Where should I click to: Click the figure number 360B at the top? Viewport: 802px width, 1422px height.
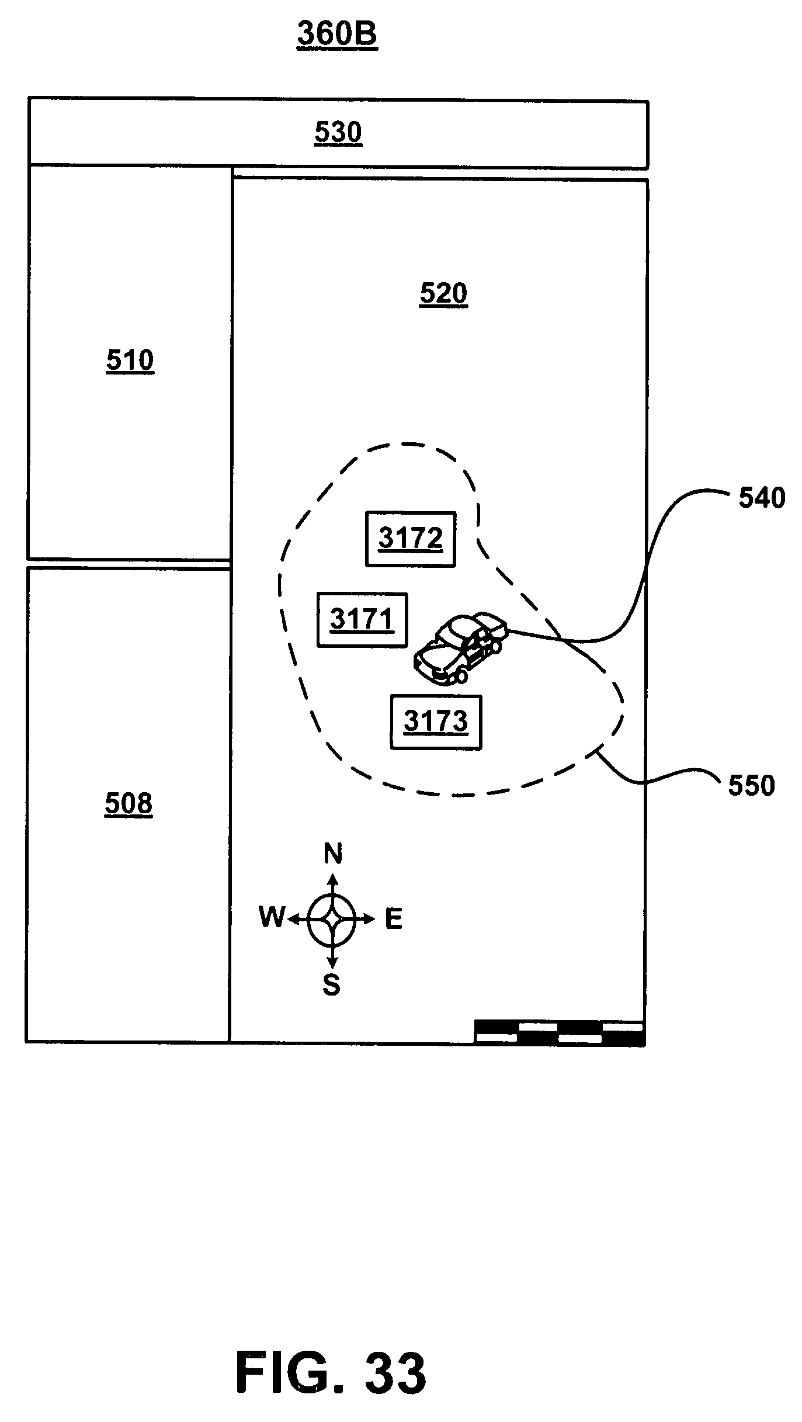(x=337, y=34)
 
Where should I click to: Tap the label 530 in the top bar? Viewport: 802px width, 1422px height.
(x=338, y=133)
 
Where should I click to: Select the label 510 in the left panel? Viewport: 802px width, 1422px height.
(x=130, y=360)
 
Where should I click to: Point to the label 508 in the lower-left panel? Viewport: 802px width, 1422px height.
(x=129, y=804)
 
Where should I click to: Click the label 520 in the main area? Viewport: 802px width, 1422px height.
(x=443, y=293)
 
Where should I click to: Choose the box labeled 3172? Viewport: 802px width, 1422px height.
(x=410, y=539)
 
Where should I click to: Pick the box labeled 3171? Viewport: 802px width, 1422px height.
(x=362, y=620)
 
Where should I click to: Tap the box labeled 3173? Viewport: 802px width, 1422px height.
(x=436, y=722)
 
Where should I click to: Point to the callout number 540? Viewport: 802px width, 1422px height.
(x=762, y=498)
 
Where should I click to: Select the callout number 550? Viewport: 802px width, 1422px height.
(x=751, y=786)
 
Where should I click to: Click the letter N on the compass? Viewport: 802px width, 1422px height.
(x=333, y=854)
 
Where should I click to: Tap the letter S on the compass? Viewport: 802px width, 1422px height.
(x=332, y=986)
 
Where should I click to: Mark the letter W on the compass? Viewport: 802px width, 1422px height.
(x=272, y=918)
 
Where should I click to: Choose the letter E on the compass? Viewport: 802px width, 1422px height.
(x=394, y=920)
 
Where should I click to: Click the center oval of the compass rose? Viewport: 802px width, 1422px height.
(x=332, y=920)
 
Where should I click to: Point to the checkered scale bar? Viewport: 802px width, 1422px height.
(x=560, y=1032)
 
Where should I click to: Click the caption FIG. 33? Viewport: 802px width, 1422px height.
(x=331, y=1357)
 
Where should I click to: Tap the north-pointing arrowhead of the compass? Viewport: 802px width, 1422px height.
(x=333, y=880)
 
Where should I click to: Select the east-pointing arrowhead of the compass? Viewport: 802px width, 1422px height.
(x=369, y=920)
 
